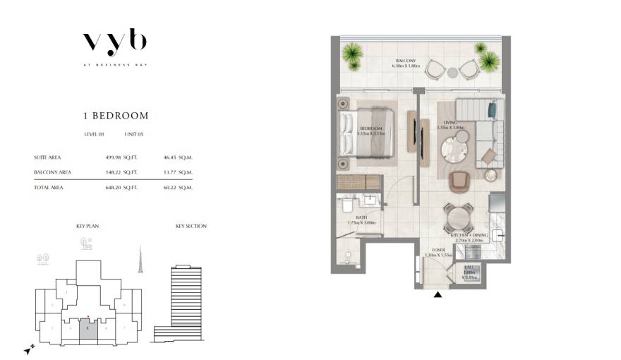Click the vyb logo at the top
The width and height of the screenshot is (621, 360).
[x=114, y=43]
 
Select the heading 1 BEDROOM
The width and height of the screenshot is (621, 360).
[x=114, y=115]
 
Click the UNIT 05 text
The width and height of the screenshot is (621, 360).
[x=135, y=133]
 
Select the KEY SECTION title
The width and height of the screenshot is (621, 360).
[x=191, y=226]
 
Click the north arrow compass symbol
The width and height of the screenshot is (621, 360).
[x=27, y=349]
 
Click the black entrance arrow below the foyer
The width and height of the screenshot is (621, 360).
[x=438, y=294]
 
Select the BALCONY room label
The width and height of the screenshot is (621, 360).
[x=406, y=62]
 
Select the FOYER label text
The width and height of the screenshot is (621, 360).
[x=438, y=249]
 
